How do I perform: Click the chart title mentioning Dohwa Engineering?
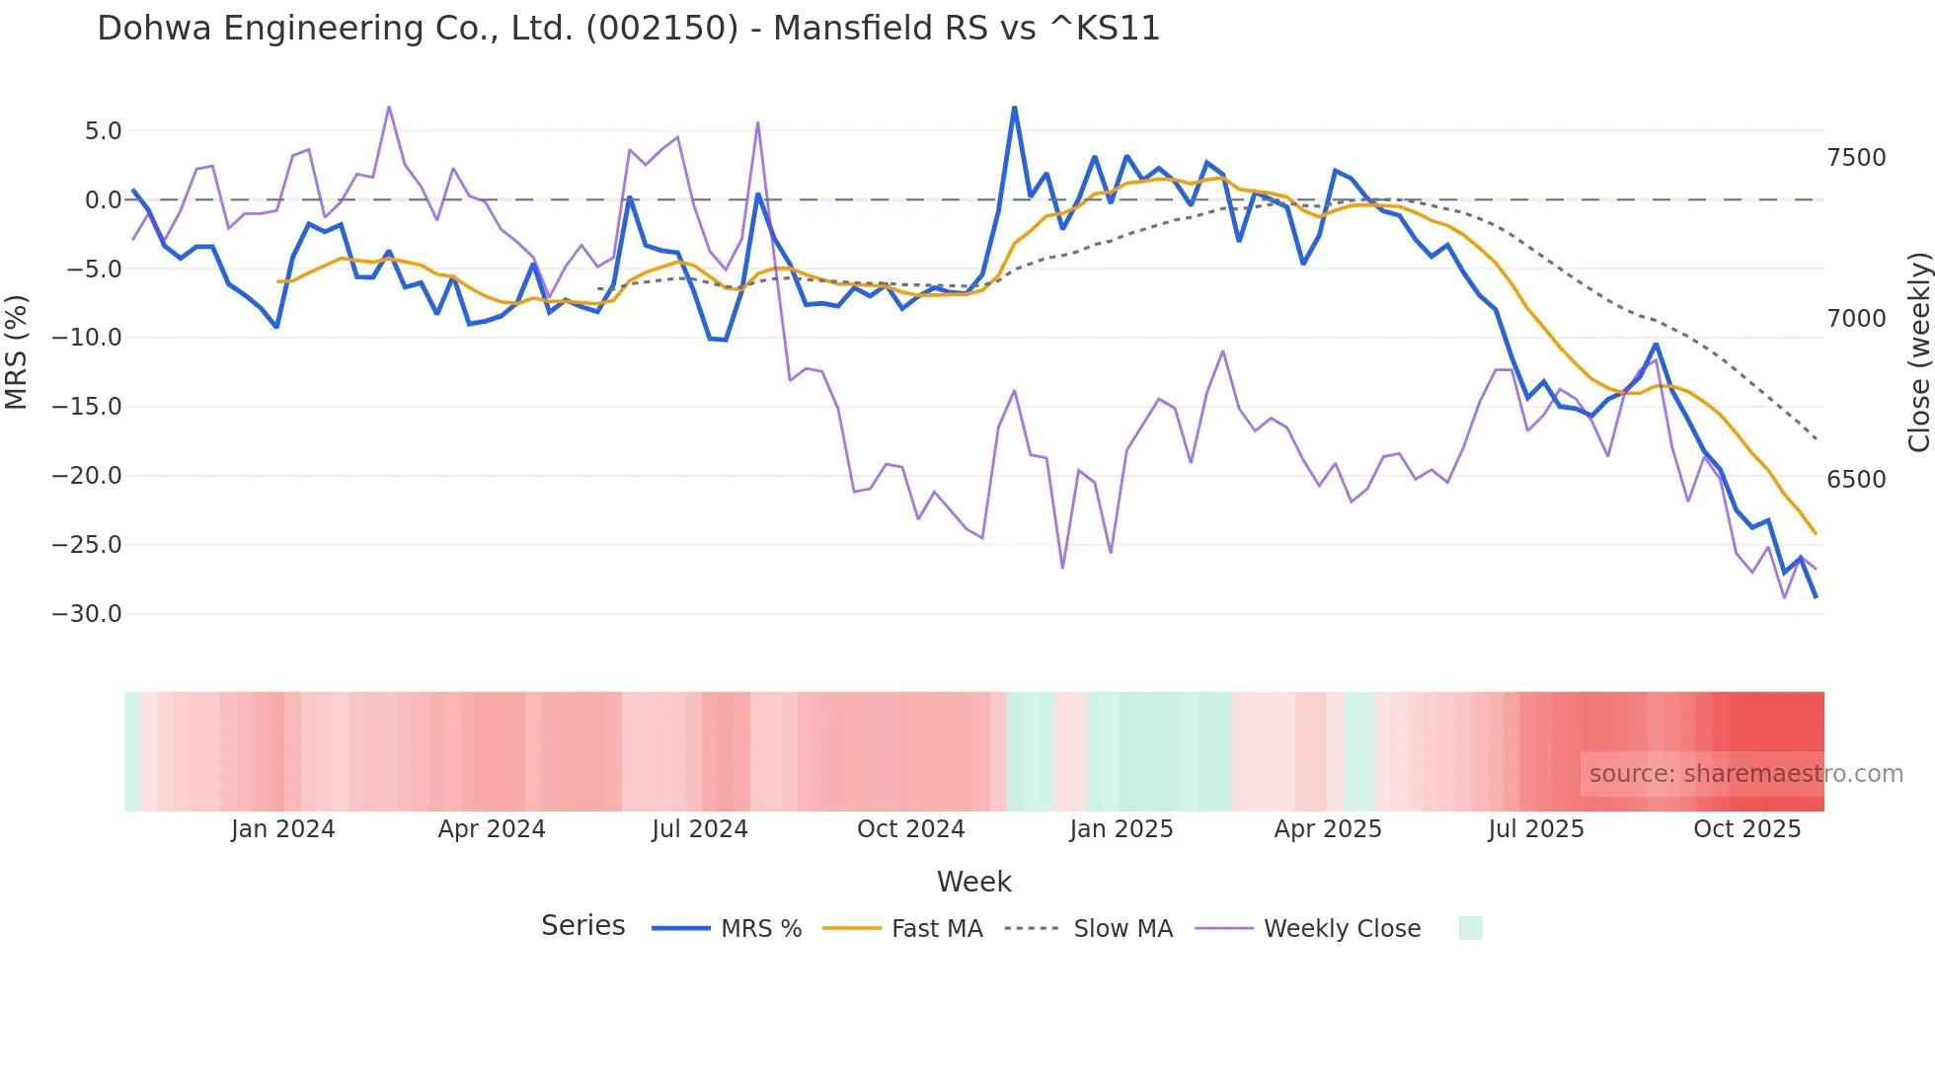pos(628,29)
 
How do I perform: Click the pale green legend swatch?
pos(1470,928)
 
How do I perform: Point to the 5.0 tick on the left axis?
pos(103,131)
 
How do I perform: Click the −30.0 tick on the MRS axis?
pos(87,614)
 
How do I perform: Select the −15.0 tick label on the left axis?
pos(87,407)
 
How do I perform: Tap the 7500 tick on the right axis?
pos(1856,158)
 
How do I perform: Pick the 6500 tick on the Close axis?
pos(1856,480)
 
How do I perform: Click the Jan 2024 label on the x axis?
pos(283,829)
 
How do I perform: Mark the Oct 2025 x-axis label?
pos(1746,829)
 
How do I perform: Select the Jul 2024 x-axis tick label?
pos(700,829)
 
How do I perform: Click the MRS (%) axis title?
pos(17,351)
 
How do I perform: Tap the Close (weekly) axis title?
pos(1918,352)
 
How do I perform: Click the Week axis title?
pos(973,882)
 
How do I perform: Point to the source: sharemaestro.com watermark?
pos(1745,774)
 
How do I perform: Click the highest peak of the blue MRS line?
pos(1014,108)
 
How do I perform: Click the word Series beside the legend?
pos(582,926)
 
